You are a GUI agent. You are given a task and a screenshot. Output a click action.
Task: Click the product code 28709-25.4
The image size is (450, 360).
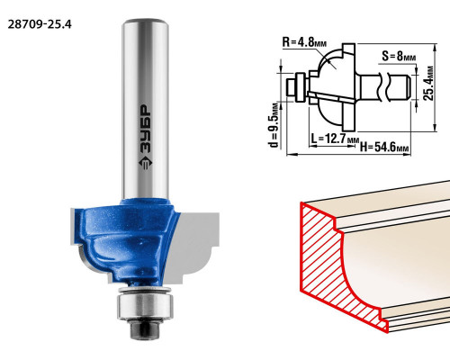click(40, 24)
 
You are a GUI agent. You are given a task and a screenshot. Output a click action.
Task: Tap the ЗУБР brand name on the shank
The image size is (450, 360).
click(146, 130)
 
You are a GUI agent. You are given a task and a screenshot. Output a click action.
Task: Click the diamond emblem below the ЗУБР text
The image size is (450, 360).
click(146, 163)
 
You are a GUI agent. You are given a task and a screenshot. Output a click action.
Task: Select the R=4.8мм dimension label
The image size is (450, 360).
click(304, 42)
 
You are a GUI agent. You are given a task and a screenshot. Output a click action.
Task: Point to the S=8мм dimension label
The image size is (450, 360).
click(399, 56)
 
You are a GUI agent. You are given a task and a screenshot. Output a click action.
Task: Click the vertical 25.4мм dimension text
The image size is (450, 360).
click(428, 83)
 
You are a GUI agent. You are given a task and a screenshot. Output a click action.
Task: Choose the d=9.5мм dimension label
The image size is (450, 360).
click(274, 125)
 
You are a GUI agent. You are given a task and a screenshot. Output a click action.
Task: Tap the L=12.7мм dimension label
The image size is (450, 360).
click(335, 139)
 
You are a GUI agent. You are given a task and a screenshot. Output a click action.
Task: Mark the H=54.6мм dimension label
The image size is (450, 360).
click(385, 147)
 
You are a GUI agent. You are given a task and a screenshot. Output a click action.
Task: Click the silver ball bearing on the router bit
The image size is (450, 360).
click(145, 306)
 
